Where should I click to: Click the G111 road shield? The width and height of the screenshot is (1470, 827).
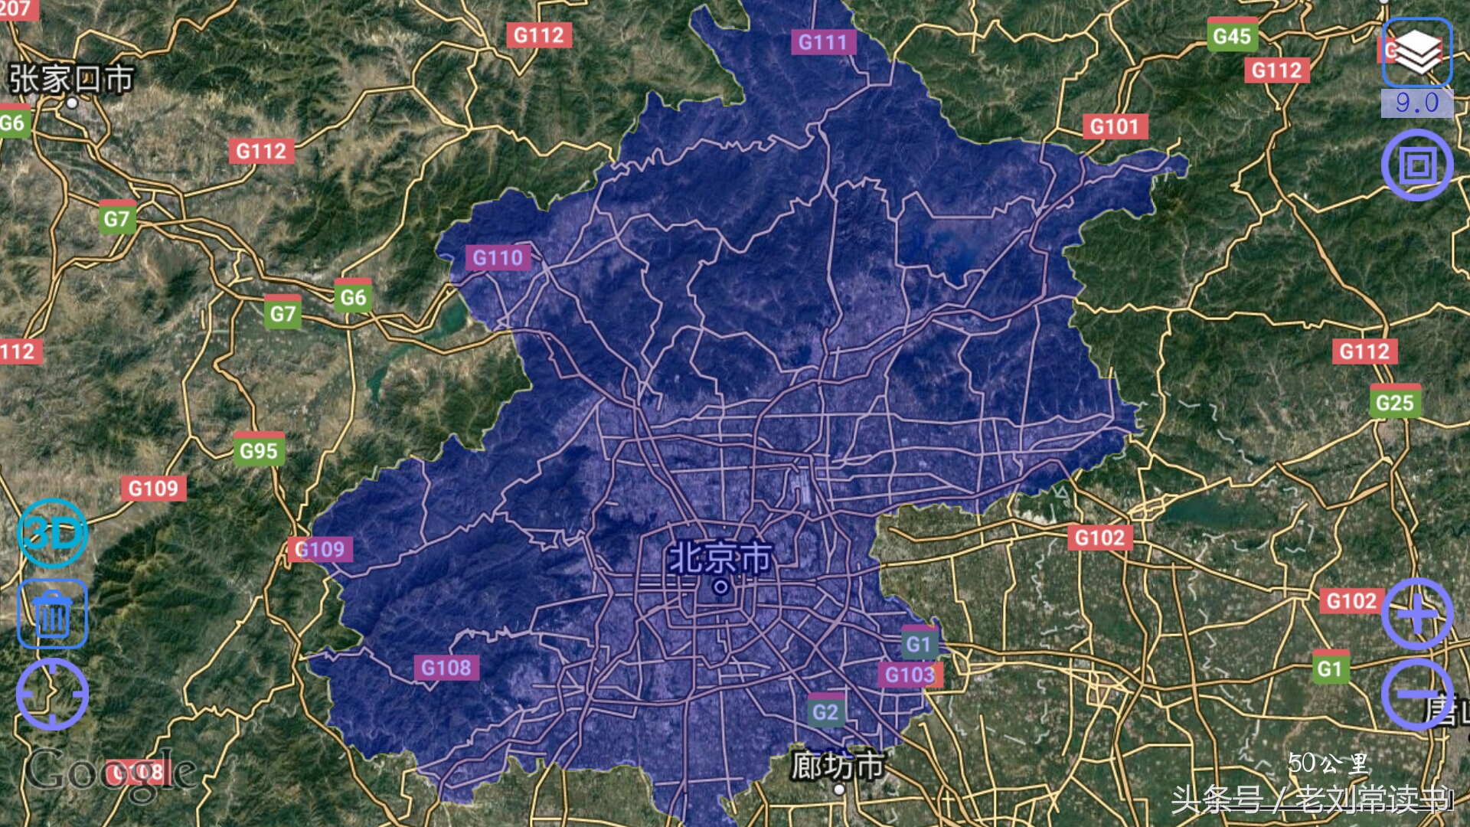click(x=822, y=42)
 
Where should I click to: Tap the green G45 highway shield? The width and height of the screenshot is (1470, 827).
click(x=1232, y=36)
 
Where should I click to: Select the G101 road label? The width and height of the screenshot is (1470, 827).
click(x=1115, y=126)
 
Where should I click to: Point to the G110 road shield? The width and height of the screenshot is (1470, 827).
click(x=498, y=258)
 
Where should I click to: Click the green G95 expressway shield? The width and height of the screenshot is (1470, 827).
click(x=259, y=451)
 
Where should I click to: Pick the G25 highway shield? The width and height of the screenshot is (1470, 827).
click(x=1394, y=403)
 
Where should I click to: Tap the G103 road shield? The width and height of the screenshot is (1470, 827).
click(x=910, y=675)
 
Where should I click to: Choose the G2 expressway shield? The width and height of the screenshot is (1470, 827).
click(x=825, y=712)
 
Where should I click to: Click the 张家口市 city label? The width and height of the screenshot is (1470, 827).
click(x=71, y=79)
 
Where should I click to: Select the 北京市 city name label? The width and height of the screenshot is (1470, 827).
click(x=720, y=558)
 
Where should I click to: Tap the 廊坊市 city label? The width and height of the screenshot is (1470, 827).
click(x=838, y=765)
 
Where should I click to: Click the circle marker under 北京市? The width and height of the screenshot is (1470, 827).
click(x=720, y=587)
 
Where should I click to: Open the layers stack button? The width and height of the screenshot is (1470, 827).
click(x=1417, y=52)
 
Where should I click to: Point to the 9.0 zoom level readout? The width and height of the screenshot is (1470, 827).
click(x=1416, y=103)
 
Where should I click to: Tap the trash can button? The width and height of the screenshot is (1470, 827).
click(x=52, y=614)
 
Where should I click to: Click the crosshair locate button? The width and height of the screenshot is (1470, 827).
click(x=52, y=694)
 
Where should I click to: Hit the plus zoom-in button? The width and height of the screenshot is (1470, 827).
click(x=1417, y=614)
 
